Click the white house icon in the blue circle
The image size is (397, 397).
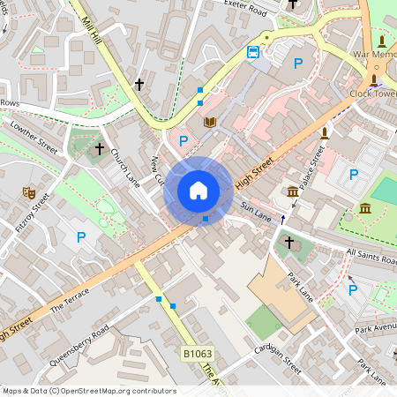point(198,191)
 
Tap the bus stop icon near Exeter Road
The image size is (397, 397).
point(253,52)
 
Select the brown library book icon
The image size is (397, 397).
point(210,122)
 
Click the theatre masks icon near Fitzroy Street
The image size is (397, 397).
point(28,191)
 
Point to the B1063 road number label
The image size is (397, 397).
point(198,354)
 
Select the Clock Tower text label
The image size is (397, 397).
point(373,93)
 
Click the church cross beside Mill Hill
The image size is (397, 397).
point(139,85)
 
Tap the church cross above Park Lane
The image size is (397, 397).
point(288,241)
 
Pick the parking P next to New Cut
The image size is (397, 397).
point(184,140)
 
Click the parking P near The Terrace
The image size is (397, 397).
point(81,236)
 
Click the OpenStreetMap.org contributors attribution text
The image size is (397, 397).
point(119,391)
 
